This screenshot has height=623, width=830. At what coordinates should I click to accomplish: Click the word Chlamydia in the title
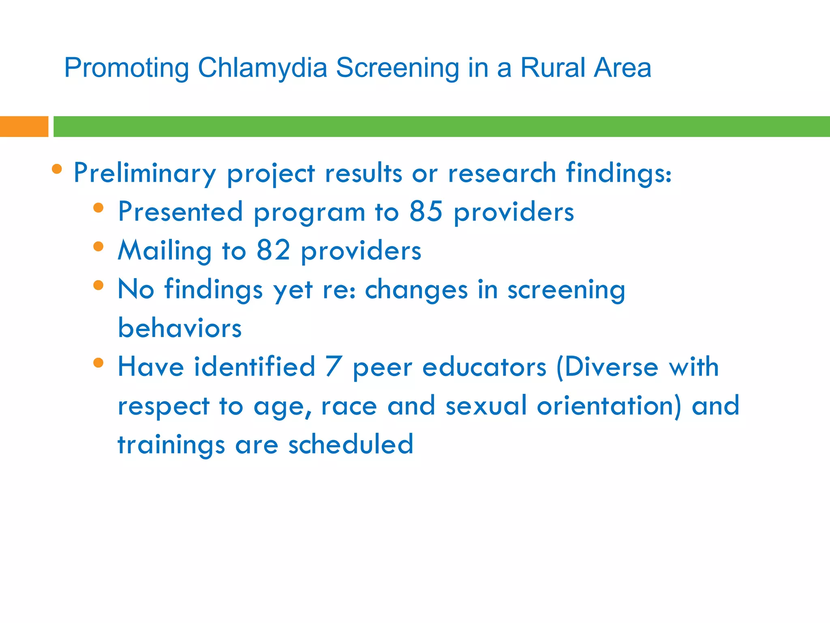click(x=262, y=68)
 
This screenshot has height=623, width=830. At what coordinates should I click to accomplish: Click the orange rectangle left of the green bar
click(x=24, y=127)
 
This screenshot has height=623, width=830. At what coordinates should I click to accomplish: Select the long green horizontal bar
click(x=441, y=127)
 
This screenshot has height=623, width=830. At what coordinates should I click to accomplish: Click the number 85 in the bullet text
click(x=426, y=211)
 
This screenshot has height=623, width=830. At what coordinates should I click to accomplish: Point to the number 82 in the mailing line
click(x=273, y=250)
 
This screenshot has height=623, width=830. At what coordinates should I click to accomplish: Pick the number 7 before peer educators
click(x=334, y=367)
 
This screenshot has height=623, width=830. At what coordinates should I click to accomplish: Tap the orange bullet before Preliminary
click(x=57, y=169)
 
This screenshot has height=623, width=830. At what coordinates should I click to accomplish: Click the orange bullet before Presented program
click(x=98, y=208)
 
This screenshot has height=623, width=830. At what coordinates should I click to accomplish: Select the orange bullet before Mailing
click(x=98, y=247)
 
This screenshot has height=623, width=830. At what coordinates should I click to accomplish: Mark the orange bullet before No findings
click(x=98, y=285)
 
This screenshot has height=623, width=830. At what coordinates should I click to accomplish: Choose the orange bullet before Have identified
click(x=98, y=363)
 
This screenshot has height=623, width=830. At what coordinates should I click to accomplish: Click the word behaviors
click(x=180, y=328)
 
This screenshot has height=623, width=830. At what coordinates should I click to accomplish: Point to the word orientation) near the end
click(x=609, y=406)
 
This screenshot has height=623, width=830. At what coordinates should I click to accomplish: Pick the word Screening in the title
click(x=397, y=68)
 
